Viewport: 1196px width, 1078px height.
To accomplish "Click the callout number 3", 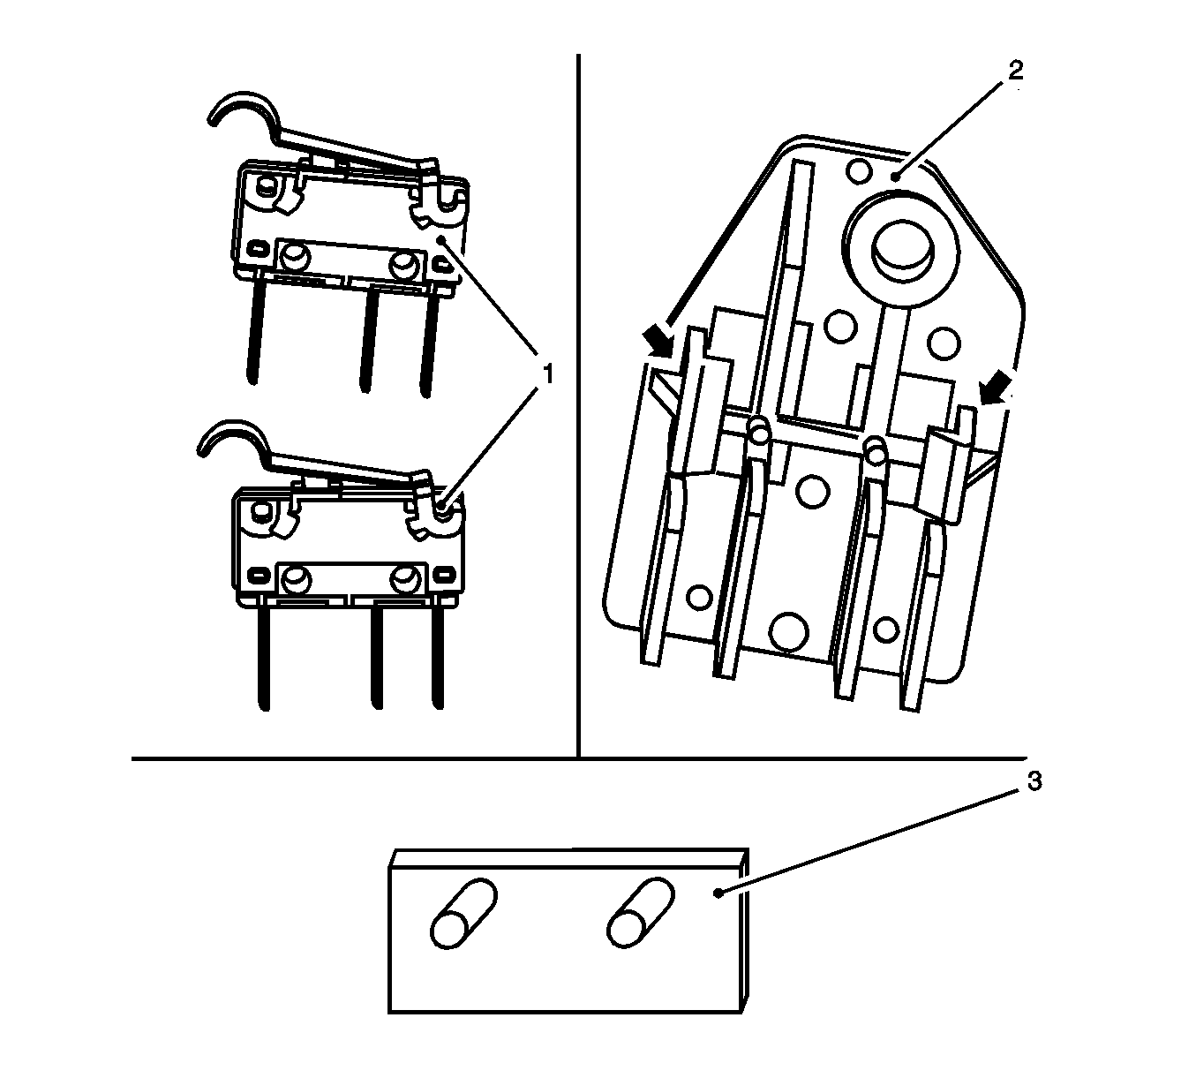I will pyautogui.click(x=1034, y=782).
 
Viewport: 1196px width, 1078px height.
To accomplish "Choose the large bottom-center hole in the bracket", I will pyautogui.click(x=788, y=629).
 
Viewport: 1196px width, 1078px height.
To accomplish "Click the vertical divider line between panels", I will pyautogui.click(x=578, y=406).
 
